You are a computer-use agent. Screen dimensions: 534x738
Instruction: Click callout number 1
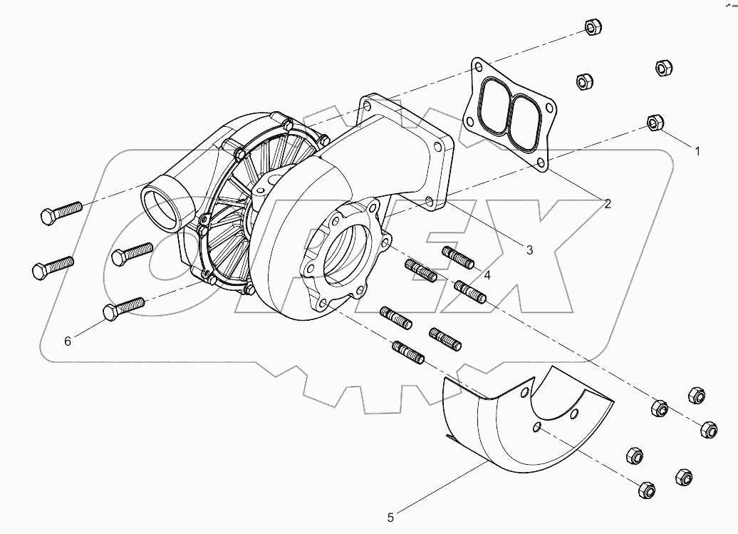coord(698,151)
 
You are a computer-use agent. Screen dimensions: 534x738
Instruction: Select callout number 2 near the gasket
coord(607,204)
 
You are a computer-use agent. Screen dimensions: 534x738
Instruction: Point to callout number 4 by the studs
coord(487,274)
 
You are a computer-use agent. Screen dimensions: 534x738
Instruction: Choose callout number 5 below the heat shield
coord(390,517)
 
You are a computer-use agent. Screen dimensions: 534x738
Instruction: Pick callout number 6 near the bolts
coord(68,342)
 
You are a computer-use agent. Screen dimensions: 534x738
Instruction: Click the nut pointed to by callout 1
coord(654,123)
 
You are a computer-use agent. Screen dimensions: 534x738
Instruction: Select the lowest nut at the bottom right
coord(646,489)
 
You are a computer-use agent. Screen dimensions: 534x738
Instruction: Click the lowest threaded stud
coord(408,351)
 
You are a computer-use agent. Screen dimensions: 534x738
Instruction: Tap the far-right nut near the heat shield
coord(709,429)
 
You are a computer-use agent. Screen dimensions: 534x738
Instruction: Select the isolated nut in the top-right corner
coord(662,67)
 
